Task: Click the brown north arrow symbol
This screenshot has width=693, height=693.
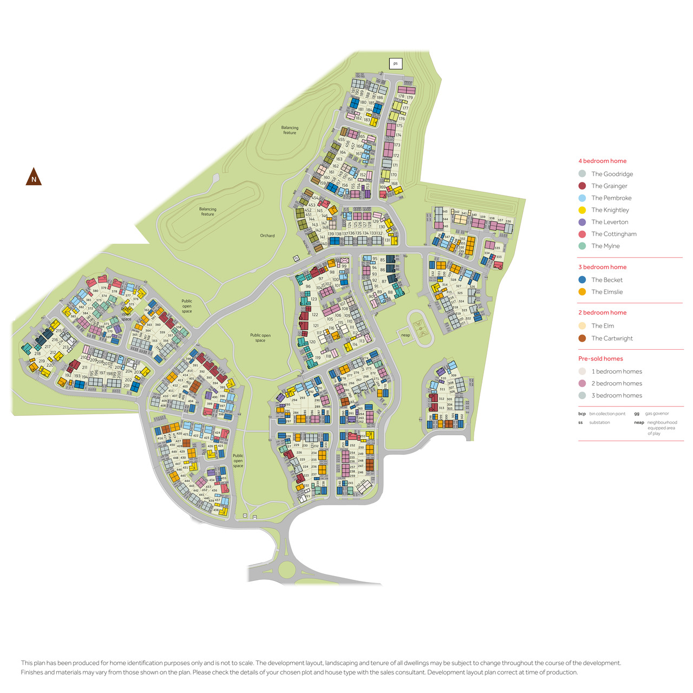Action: coord(34,177)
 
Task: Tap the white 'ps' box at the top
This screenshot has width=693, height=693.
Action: coord(395,63)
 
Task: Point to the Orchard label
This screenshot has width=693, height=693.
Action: coord(267,236)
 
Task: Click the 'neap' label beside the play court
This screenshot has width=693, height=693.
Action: coord(406,335)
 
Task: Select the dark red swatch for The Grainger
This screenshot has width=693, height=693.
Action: coord(582,186)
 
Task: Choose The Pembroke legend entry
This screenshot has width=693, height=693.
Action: coord(611,198)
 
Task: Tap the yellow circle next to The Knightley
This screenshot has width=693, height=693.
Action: coord(582,210)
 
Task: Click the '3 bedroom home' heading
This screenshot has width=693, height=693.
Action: coord(602,267)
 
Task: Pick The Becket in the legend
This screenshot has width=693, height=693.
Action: coord(607,280)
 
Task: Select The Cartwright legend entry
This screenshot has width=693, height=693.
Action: coord(612,338)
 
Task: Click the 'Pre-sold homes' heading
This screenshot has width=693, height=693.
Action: coord(600,358)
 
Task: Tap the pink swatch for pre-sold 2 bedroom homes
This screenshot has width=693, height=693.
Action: coord(582,383)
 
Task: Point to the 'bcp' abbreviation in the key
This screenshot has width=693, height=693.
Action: coord(582,414)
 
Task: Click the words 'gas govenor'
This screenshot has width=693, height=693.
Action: coord(657,414)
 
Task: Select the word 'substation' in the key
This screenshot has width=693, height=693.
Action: coord(599,422)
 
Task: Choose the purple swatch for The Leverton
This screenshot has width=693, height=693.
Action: coord(582,222)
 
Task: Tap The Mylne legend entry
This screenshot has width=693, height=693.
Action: coord(605,246)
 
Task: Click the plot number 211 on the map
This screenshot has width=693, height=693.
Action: coord(84,367)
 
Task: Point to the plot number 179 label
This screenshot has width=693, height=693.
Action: coord(410,98)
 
